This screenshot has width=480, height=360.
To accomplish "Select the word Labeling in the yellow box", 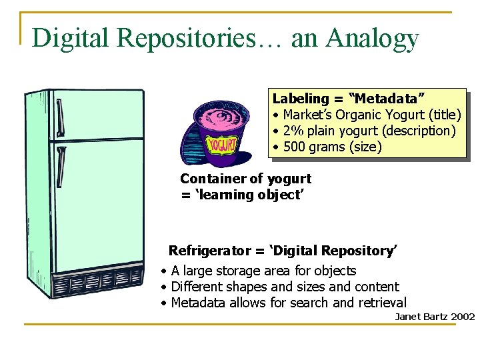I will click(x=301, y=99).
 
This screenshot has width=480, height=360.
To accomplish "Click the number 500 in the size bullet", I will click(x=294, y=147).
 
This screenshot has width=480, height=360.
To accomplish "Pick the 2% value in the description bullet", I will click(x=293, y=131).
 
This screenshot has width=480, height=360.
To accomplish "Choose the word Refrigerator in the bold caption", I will click(x=209, y=251).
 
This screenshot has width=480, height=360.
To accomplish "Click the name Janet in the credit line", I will click(x=407, y=316).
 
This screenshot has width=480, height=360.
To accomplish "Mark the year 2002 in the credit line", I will click(x=463, y=316).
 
